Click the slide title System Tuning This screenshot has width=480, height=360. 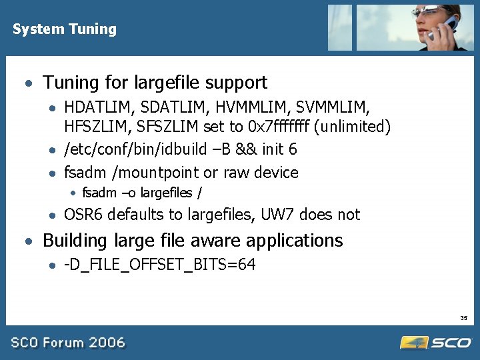64,29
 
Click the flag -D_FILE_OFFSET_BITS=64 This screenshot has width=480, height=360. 159,265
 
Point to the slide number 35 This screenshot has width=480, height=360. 463,317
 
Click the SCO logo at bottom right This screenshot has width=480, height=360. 436,343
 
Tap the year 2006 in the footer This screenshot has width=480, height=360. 107,343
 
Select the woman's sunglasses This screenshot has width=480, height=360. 427,13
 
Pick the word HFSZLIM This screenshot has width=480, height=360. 95,127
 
